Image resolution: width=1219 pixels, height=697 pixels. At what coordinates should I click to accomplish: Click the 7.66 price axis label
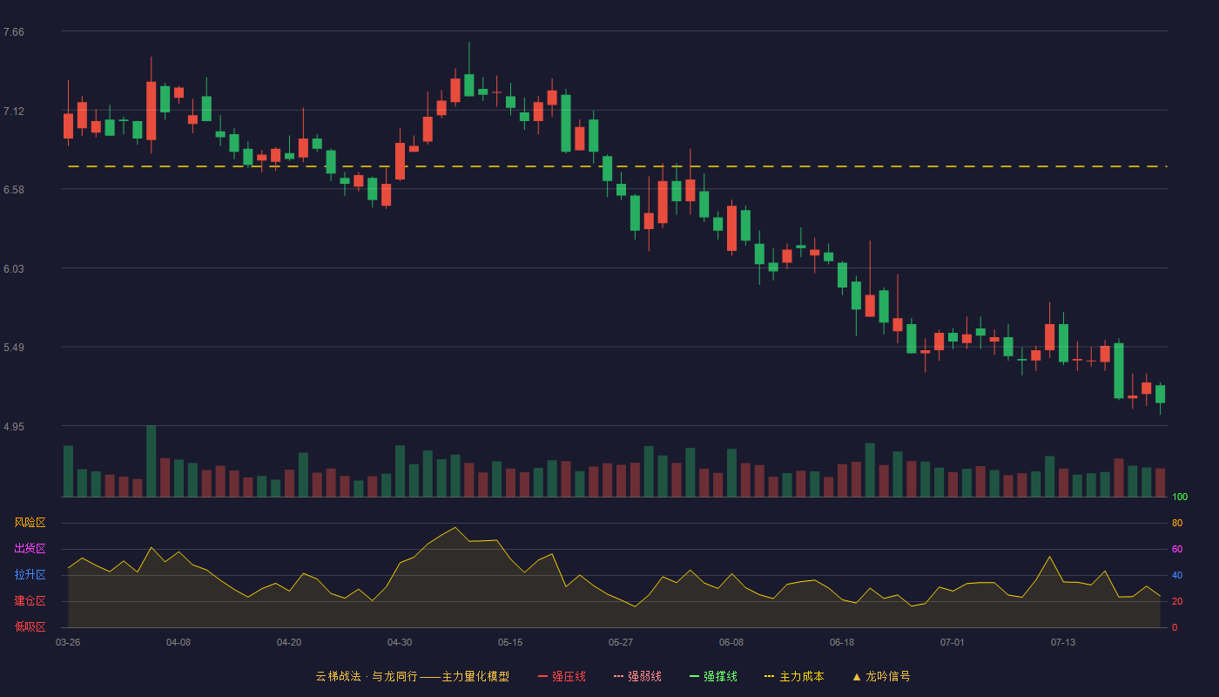coord(14,32)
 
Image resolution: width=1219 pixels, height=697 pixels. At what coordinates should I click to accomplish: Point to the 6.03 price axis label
coord(14,269)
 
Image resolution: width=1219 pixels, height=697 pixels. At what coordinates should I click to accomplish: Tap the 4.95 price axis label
coord(14,427)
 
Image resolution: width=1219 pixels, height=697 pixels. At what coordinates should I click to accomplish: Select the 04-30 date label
coord(400,643)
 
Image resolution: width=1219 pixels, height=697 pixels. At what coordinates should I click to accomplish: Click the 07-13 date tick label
coord(1063,643)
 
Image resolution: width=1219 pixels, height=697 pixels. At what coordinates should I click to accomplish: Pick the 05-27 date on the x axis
coord(620,643)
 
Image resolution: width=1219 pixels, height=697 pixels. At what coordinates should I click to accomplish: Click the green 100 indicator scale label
coord(1180,497)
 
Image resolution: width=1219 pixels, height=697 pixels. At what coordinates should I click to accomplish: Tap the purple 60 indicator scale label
coord(1177,549)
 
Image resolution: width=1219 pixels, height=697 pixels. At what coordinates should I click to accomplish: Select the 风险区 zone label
coord(30,523)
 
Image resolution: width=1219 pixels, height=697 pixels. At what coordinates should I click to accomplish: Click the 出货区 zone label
coord(30,548)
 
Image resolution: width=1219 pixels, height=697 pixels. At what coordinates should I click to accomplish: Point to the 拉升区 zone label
coord(30,574)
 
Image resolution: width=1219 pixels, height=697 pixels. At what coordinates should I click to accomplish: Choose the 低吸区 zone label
coord(30,626)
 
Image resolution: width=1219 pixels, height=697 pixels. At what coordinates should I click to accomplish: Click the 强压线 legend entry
coord(562,676)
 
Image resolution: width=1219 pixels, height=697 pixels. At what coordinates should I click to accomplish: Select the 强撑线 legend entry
coord(713,676)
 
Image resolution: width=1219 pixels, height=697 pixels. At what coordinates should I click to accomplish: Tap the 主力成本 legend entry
coord(794,676)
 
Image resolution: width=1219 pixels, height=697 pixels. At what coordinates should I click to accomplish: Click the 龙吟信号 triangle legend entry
coord(881,676)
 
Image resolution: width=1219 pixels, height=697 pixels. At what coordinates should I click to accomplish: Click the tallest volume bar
coord(152,461)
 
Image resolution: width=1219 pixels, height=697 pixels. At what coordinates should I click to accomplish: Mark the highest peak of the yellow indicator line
coord(455,527)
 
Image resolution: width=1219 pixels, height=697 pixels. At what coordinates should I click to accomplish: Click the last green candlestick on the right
coord(1160,394)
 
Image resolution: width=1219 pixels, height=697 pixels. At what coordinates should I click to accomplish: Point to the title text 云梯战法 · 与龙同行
coord(367,676)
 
